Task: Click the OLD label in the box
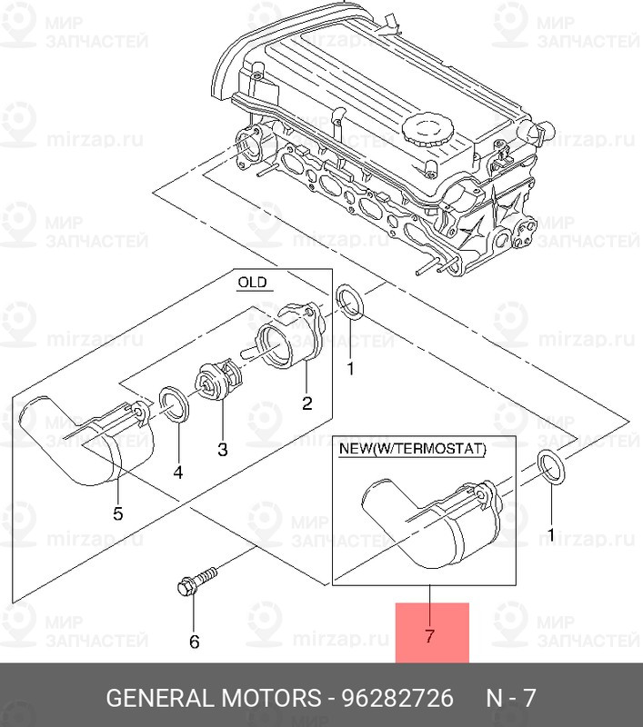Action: point(252,282)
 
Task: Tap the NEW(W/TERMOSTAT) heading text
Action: point(412,449)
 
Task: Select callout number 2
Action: point(306,403)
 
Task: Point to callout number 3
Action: point(223,449)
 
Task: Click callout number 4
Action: point(178,472)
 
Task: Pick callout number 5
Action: point(118,513)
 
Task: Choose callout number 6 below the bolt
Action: point(195,642)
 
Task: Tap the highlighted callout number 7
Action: point(429,635)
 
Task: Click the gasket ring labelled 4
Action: point(174,404)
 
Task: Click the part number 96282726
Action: point(397,697)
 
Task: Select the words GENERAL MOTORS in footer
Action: point(214,697)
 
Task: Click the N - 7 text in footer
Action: point(511,697)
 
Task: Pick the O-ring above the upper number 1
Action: point(350,303)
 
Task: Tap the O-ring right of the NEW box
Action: point(550,468)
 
